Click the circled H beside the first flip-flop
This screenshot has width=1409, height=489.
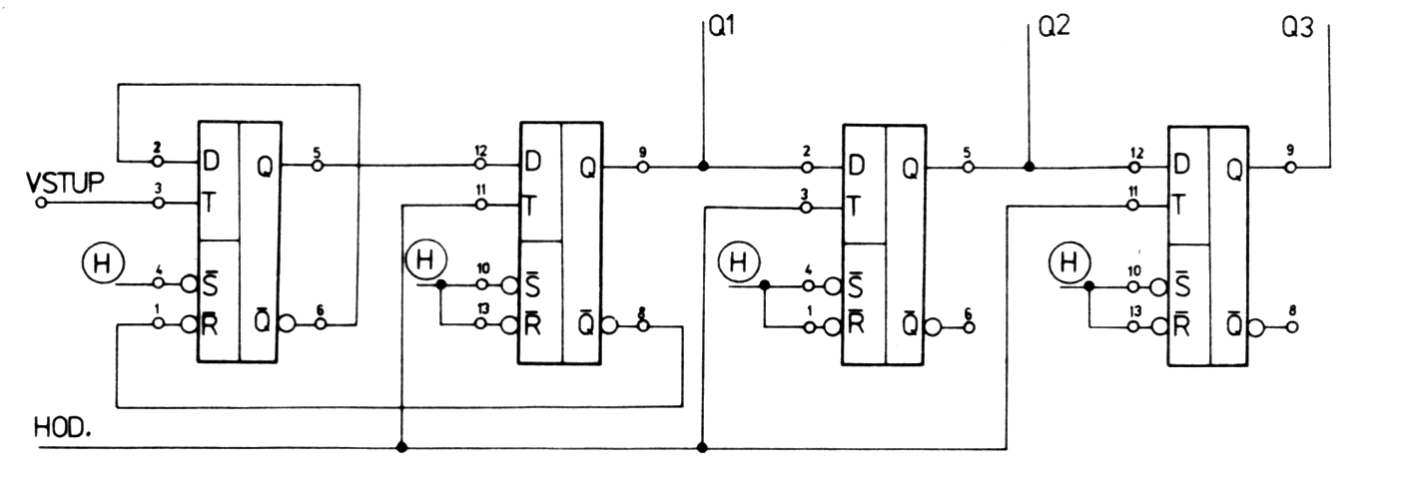(x=101, y=263)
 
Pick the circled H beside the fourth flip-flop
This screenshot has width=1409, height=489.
(x=1069, y=264)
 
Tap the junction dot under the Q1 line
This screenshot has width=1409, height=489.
(x=703, y=167)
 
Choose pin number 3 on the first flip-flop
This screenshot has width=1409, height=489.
(x=158, y=188)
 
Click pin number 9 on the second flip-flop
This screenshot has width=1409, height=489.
(x=642, y=153)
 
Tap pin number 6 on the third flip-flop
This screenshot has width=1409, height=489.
(x=966, y=311)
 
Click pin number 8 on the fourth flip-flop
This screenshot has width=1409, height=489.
(x=1294, y=311)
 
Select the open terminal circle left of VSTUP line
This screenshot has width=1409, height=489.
(x=41, y=203)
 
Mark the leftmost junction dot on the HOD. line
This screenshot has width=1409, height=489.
(x=401, y=447)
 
